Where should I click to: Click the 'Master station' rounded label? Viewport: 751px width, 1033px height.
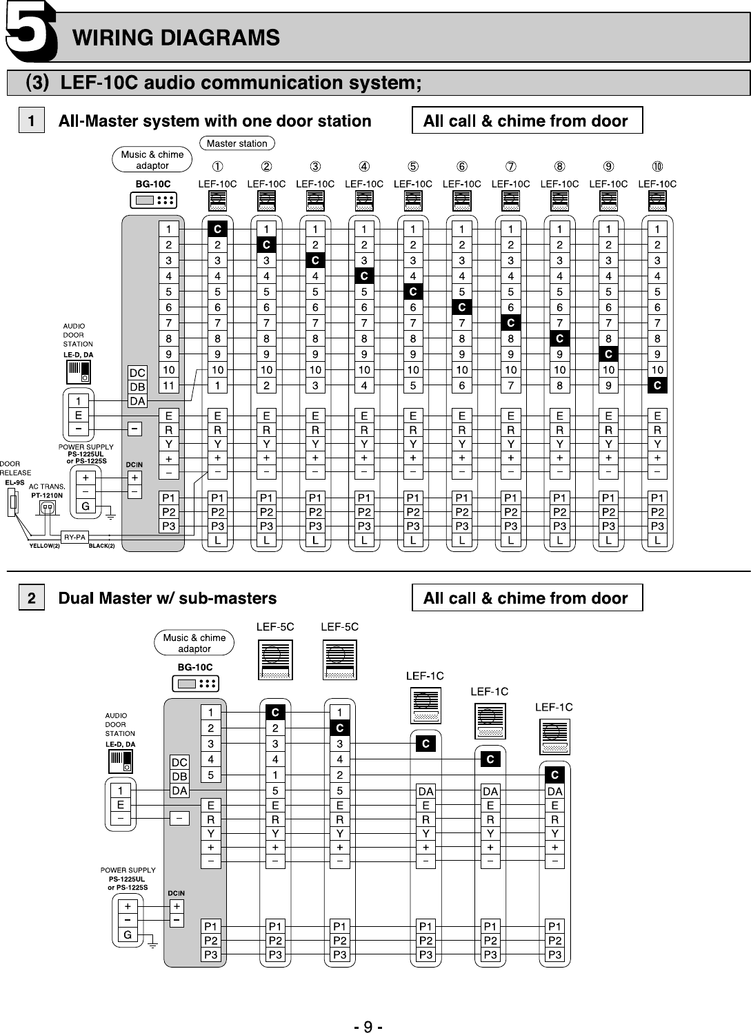point(237,143)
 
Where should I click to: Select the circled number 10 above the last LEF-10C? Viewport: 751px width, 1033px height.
point(657,166)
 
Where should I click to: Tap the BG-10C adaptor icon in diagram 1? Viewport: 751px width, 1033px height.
point(154,200)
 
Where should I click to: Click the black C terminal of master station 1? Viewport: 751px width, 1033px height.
point(217,229)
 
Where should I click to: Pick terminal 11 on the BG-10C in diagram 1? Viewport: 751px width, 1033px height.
point(168,386)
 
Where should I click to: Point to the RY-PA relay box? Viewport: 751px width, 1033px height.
point(74,537)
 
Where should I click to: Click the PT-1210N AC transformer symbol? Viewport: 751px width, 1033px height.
point(48,508)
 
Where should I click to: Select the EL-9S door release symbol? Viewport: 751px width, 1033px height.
point(12,503)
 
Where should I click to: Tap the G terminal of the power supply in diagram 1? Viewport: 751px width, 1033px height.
point(86,507)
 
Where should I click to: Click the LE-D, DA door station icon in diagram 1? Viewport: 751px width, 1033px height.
point(79,372)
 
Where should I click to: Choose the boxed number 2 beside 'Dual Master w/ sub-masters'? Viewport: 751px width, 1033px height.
point(31,598)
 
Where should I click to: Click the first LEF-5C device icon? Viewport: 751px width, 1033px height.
point(275,659)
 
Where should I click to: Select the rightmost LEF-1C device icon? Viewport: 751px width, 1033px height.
point(554,737)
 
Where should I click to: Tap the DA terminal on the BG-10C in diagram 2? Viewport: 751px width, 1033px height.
point(179,790)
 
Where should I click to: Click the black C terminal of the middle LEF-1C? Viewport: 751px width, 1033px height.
point(490,759)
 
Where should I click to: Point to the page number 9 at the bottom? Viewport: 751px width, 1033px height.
point(368,1027)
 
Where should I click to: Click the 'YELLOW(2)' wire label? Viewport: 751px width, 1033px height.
point(45,546)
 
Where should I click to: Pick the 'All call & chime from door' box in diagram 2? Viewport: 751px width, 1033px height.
point(527,598)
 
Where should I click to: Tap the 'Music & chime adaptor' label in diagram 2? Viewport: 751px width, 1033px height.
point(194,643)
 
